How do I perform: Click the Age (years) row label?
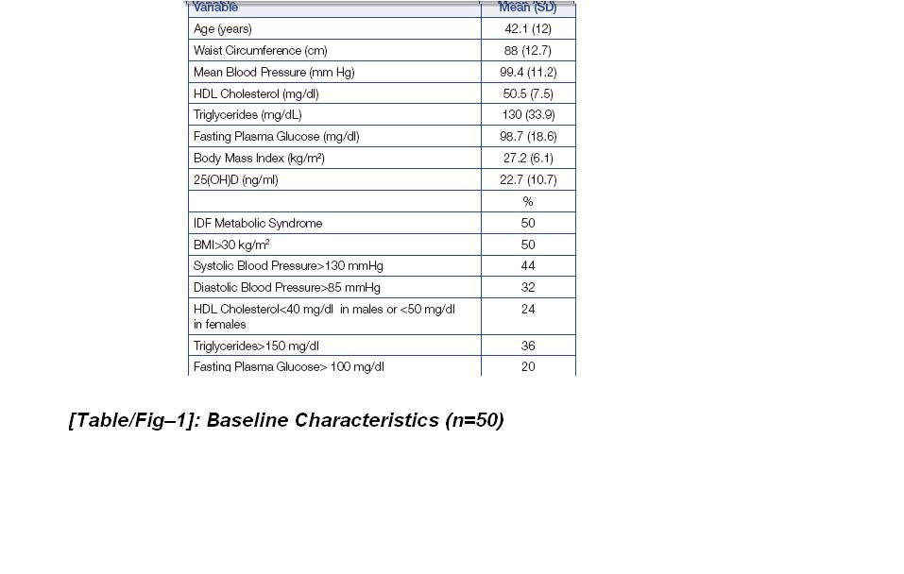pyautogui.click(x=223, y=29)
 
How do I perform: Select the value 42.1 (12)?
pyautogui.click(x=528, y=29)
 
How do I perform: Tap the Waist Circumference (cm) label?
pyautogui.click(x=260, y=51)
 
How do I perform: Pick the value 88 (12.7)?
pyautogui.click(x=528, y=51)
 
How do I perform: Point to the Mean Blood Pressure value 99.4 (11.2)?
pyautogui.click(x=528, y=73)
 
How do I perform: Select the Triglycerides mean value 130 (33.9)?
pyautogui.click(x=528, y=115)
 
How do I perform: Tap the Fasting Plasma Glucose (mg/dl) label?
pyautogui.click(x=276, y=137)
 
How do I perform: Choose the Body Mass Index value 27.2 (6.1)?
pyautogui.click(x=528, y=159)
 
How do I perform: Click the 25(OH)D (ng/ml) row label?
pyautogui.click(x=235, y=180)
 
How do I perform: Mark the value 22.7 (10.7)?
pyautogui.click(x=528, y=180)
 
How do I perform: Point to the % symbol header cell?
pyautogui.click(x=528, y=202)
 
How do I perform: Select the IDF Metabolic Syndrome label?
pyautogui.click(x=257, y=224)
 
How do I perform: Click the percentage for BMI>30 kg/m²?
pyautogui.click(x=528, y=245)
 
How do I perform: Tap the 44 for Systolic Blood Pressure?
pyautogui.click(x=528, y=266)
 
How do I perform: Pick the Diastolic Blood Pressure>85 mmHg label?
pyautogui.click(x=286, y=288)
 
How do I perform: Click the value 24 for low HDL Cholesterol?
pyautogui.click(x=528, y=310)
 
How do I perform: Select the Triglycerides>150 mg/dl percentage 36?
pyautogui.click(x=528, y=346)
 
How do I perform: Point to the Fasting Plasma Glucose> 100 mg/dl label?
pyautogui.click(x=288, y=367)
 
